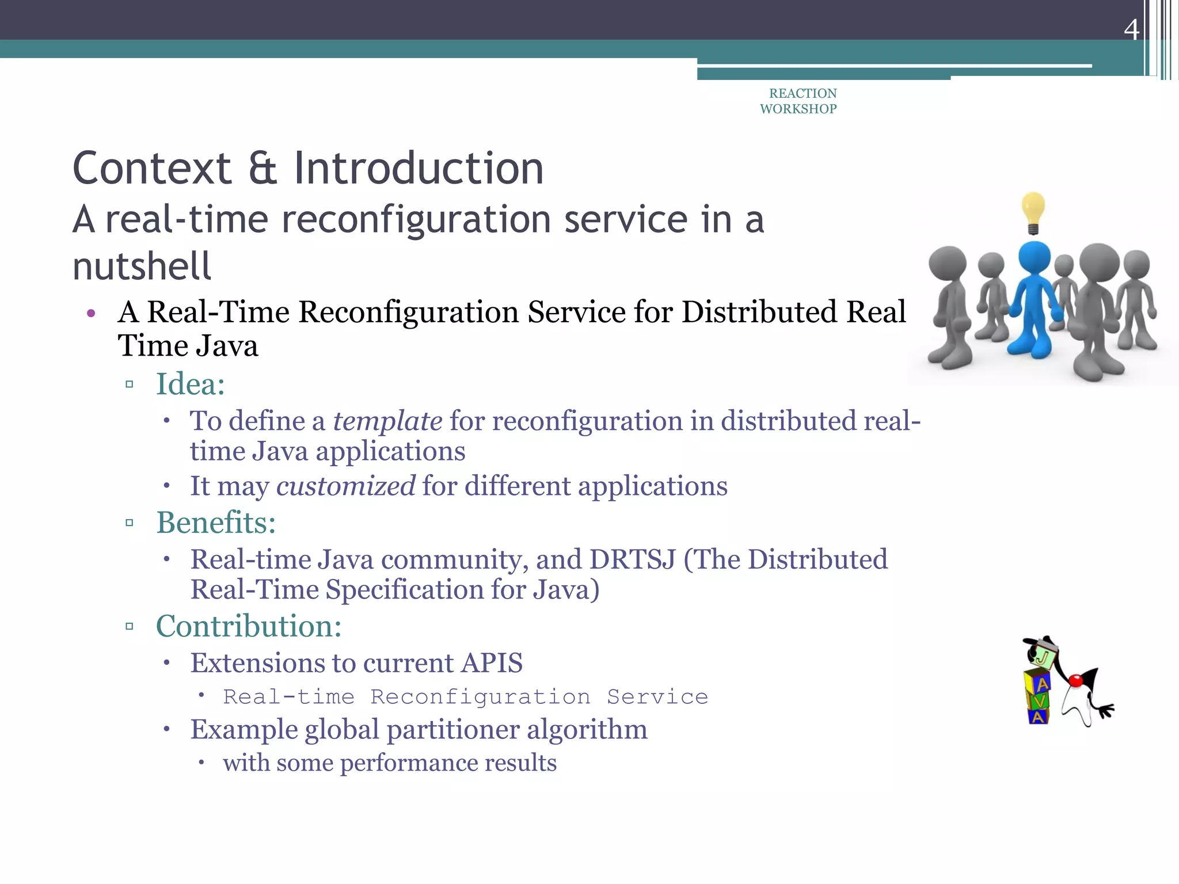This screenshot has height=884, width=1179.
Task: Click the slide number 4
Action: tap(1131, 29)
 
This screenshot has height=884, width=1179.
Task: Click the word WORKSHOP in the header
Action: tap(798, 109)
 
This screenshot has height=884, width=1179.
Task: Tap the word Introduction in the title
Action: tap(419, 168)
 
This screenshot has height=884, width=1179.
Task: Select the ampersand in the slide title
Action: tap(263, 168)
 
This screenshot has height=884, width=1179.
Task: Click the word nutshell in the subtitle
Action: tap(142, 266)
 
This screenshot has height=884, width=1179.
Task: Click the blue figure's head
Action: tap(1035, 257)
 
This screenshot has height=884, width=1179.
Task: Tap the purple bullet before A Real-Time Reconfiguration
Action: tap(90, 314)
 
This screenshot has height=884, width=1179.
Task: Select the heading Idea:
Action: tap(190, 384)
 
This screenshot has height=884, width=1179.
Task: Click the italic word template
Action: tap(387, 421)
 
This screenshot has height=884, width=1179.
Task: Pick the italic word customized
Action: tap(345, 486)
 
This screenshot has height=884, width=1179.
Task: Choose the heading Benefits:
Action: tap(216, 523)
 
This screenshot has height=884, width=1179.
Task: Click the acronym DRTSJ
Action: tap(632, 559)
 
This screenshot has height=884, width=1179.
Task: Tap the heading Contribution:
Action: tap(249, 626)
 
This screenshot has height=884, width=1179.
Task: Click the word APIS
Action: tap(492, 663)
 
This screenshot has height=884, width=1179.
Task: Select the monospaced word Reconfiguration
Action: tap(480, 697)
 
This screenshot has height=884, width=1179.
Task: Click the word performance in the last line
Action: tap(408, 763)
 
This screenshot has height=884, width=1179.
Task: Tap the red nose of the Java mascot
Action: tap(1075, 681)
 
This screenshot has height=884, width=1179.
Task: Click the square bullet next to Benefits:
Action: tap(130, 523)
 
